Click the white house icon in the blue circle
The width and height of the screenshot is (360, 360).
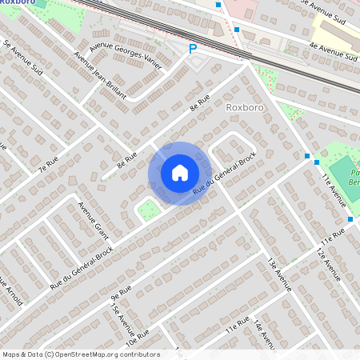[x=180, y=173]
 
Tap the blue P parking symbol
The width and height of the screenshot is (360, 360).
[x=192, y=49]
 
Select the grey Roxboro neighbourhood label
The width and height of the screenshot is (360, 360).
[x=244, y=106]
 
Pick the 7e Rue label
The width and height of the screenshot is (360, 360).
[x=49, y=163]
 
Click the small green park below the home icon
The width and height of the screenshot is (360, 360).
[x=148, y=211]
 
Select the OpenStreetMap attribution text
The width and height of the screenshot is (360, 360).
[x=80, y=354]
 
